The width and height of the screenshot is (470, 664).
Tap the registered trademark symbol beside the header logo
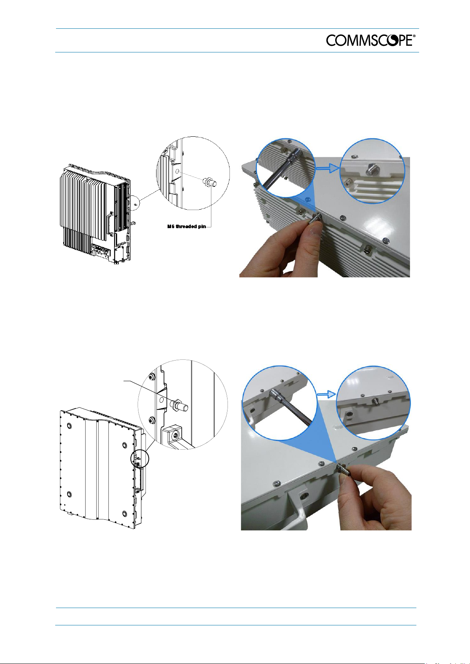click(x=414, y=36)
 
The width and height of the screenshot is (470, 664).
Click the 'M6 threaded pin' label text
click(x=187, y=227)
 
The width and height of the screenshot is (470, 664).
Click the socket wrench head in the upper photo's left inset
click(x=296, y=153)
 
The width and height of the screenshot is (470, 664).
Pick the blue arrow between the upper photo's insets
click(x=328, y=168)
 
